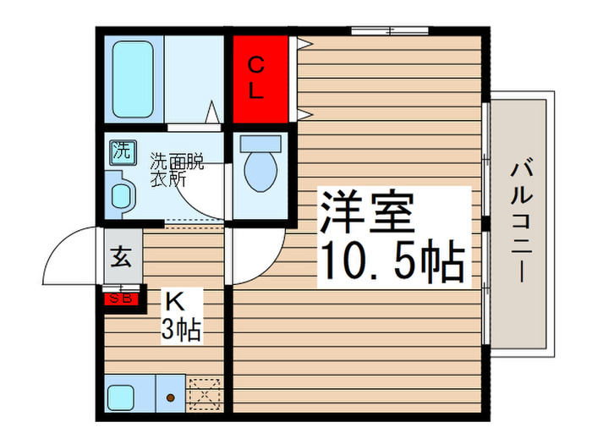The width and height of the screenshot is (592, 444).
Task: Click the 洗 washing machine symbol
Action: point(121,152)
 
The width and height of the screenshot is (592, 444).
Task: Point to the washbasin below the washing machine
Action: point(122,193)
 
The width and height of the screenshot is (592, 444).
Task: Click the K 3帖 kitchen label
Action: point(180,315)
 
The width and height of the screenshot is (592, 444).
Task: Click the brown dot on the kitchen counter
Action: point(170,397)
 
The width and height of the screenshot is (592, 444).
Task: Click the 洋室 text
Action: point(366,212)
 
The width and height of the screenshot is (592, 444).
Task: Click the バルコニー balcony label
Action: point(520,222)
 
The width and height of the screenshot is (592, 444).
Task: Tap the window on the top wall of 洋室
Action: point(389,30)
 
